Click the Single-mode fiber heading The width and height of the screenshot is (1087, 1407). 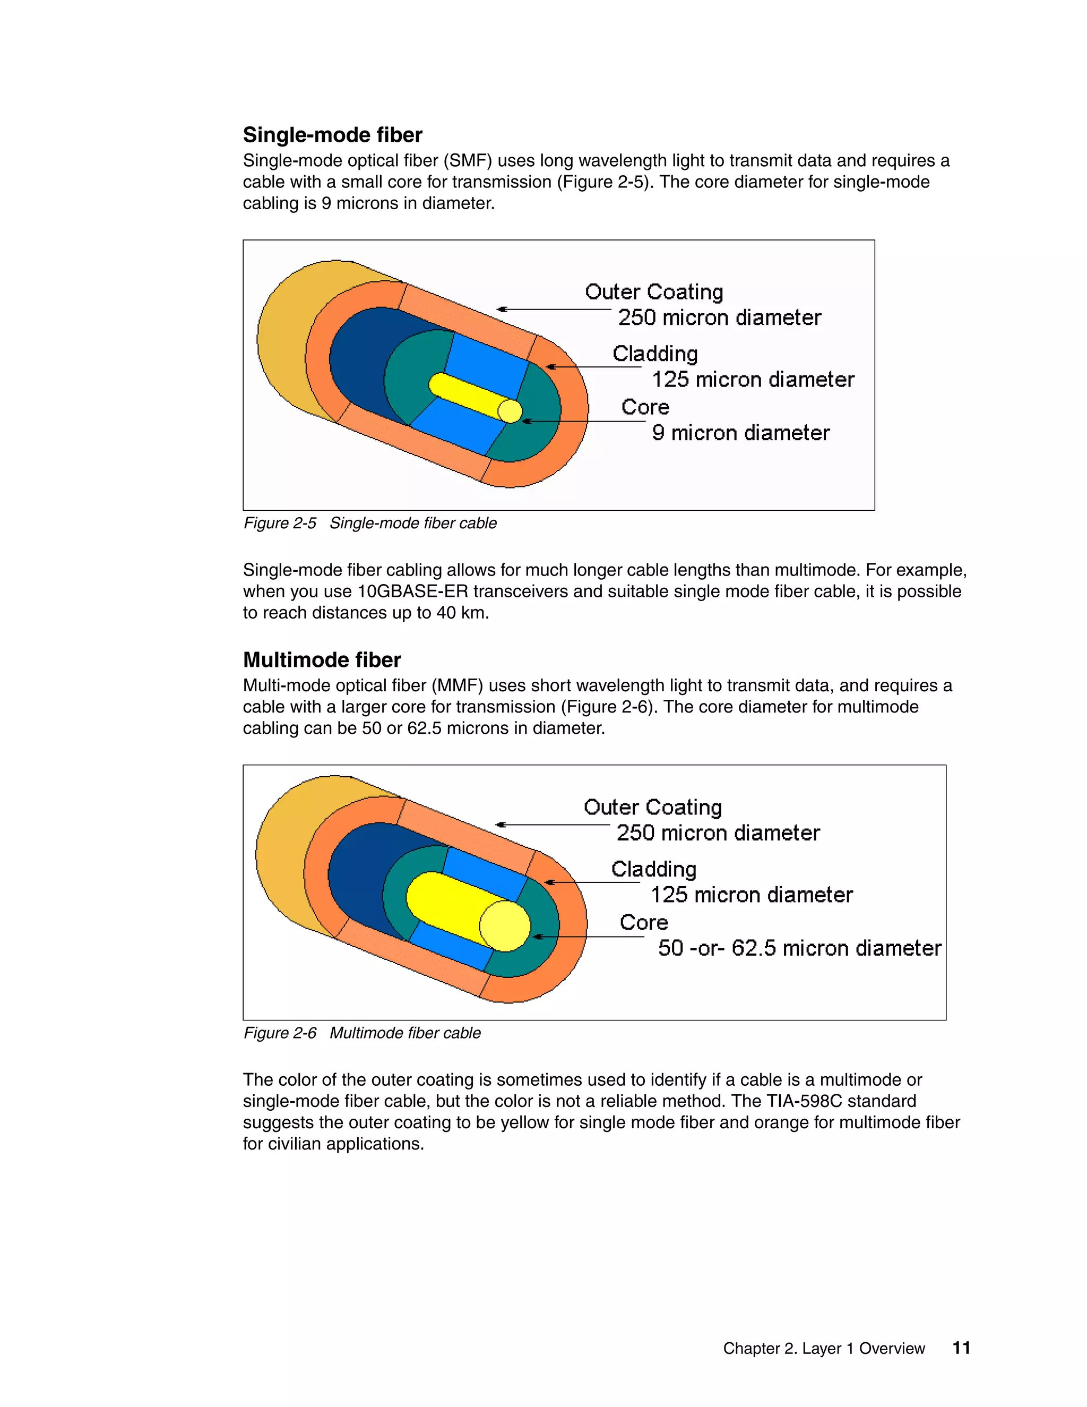tap(332, 135)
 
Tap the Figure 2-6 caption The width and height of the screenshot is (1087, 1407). tap(362, 1033)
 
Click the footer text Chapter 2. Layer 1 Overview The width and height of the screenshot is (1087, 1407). tap(824, 1349)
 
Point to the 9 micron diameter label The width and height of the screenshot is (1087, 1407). tap(740, 433)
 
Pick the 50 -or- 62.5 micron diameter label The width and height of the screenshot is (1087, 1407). tap(799, 948)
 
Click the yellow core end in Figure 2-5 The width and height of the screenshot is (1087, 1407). tap(510, 411)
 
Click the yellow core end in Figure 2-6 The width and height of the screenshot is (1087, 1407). tap(505, 926)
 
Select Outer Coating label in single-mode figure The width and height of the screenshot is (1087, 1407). tap(653, 292)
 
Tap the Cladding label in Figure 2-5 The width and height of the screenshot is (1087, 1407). tap(655, 354)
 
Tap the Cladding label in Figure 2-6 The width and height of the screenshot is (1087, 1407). tap(653, 869)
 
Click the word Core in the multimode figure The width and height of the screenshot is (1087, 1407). tap(643, 923)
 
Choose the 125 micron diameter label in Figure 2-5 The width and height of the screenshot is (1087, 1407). tap(753, 380)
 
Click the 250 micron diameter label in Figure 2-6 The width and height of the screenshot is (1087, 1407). tap(718, 833)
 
